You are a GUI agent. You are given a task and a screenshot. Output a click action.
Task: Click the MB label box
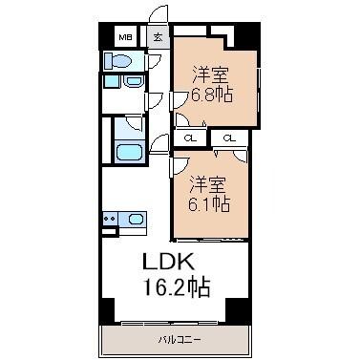[125, 37]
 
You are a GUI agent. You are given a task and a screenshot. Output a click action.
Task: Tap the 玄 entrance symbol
[159, 37]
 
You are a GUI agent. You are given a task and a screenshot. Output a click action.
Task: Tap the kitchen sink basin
[136, 221]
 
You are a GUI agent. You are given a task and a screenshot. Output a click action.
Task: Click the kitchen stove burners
[108, 221]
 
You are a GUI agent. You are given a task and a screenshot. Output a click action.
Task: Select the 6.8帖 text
[213, 95]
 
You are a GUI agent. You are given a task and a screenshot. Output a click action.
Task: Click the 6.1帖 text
[208, 202]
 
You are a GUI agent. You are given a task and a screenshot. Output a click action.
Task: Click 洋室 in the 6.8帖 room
[211, 74]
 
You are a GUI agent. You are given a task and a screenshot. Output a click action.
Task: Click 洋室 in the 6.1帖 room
[207, 181]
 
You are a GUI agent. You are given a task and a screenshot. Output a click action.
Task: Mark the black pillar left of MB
[104, 37]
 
